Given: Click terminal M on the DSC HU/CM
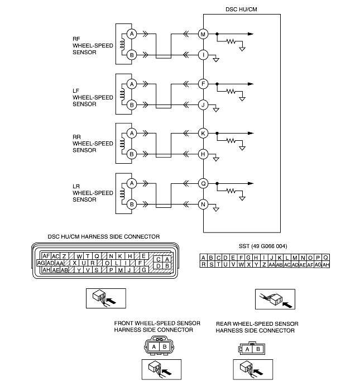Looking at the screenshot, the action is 203,34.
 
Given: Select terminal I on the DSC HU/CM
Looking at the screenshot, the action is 203,55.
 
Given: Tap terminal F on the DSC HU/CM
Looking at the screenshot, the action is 203,84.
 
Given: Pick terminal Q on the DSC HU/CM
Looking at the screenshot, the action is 203,183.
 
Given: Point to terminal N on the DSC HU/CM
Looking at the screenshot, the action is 203,205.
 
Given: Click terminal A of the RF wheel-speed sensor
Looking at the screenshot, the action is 132,34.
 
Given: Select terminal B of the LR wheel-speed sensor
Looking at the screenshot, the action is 132,205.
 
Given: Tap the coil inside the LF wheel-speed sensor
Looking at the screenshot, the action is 122,94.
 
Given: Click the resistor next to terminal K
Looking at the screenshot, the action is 231,141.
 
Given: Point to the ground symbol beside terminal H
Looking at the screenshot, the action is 216,159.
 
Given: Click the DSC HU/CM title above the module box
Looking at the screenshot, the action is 241,9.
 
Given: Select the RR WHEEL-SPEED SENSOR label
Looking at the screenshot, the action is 93,144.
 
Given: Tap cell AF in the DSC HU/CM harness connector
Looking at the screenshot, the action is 46,256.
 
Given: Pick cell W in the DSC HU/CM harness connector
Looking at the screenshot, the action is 79,256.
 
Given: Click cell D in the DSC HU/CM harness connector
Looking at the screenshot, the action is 159,266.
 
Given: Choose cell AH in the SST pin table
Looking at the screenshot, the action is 325,265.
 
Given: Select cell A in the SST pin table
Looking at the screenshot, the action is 203,258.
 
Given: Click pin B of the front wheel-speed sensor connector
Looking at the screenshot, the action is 165,346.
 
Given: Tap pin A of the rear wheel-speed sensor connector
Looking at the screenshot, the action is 247,349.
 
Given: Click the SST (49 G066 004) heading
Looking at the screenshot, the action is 263,246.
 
